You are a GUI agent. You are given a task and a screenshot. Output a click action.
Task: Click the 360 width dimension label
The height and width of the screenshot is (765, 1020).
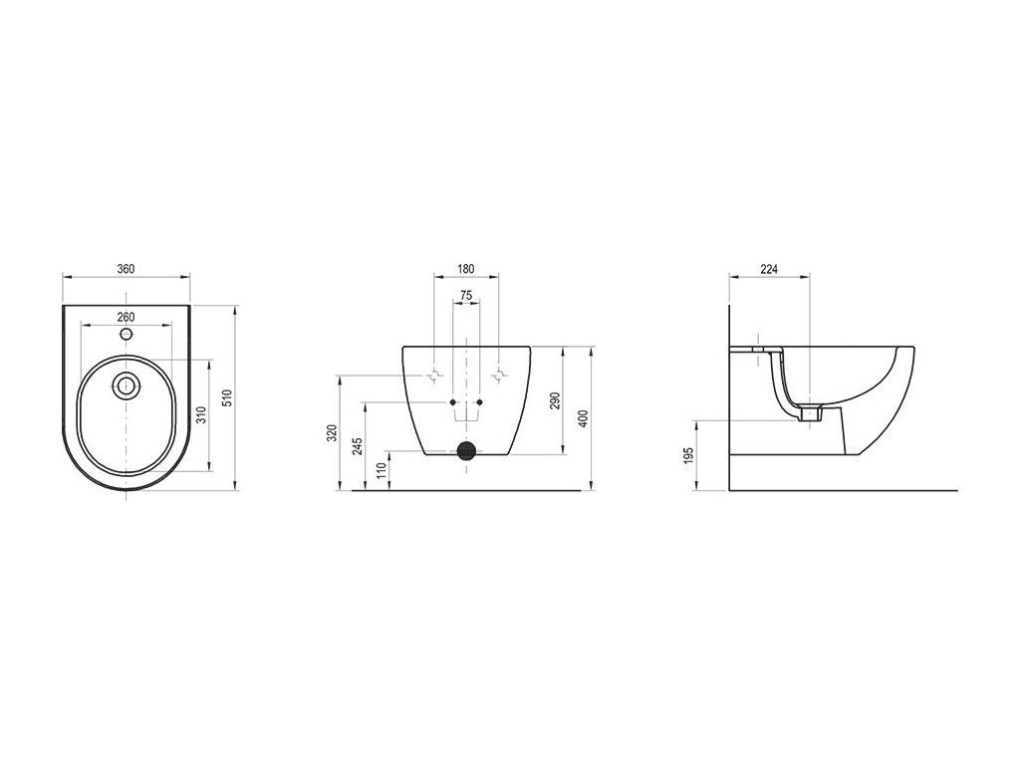pos(126,269)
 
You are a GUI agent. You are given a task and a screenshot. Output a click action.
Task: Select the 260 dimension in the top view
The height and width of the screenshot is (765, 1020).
pos(126,317)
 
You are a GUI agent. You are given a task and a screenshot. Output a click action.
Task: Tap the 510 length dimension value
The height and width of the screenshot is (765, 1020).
pos(227,397)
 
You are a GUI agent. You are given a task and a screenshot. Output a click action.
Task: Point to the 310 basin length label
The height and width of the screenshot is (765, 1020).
pos(201,414)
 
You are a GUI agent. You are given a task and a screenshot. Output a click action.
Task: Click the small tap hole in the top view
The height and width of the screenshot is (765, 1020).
pos(127,335)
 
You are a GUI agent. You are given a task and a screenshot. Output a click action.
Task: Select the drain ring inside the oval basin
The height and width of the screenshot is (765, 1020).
pos(126,385)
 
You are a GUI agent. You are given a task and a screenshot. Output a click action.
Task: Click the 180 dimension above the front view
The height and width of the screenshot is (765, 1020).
pos(466,269)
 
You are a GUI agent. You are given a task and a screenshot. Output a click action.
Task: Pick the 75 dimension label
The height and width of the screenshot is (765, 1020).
pos(466,295)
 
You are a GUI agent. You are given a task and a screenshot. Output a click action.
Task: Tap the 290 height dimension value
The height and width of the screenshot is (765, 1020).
pos(555,400)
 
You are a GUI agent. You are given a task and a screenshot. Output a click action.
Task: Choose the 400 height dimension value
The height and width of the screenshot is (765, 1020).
pos(584,418)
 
